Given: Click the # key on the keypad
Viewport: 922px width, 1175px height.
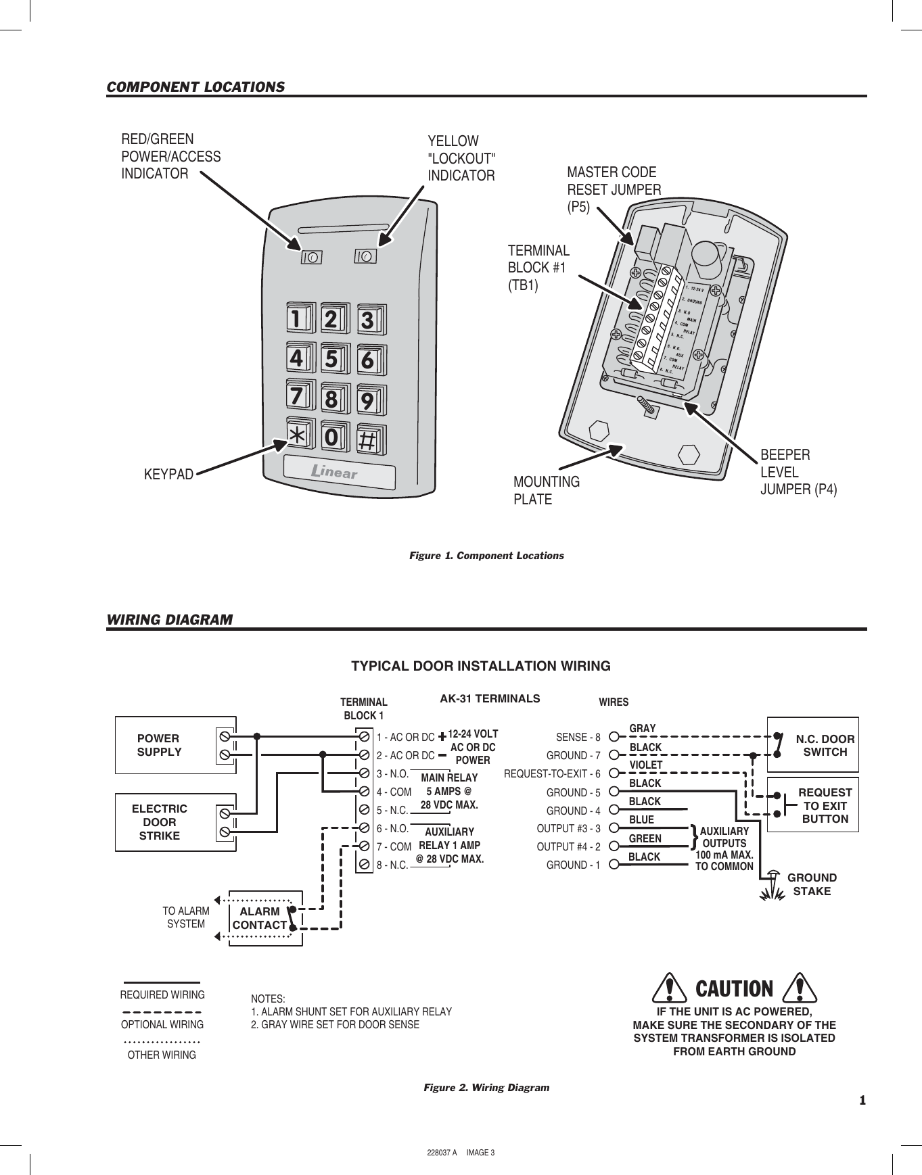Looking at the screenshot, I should [367, 440].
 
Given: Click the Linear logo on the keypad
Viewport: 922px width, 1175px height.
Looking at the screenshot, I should [335, 472].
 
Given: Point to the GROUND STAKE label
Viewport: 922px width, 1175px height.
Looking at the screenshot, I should [812, 884].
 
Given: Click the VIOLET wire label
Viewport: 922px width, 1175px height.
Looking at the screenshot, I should [646, 765].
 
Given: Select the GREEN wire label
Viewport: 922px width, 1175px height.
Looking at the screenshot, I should [645, 838].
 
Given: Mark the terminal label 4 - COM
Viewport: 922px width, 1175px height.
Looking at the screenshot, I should [394, 792].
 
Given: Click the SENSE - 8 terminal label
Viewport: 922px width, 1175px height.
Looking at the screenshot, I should [578, 737].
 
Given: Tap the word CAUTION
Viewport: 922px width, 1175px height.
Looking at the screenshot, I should [734, 989].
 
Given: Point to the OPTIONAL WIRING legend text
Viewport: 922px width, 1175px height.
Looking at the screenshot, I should [162, 1024].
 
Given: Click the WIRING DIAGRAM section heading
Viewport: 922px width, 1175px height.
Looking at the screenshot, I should [169, 619].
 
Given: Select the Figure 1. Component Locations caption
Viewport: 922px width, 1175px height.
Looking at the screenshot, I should [486, 556].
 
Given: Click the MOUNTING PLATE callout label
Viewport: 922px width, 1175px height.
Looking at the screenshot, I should [546, 491].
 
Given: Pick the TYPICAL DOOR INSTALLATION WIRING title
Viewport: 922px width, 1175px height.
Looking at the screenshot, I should [480, 666].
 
